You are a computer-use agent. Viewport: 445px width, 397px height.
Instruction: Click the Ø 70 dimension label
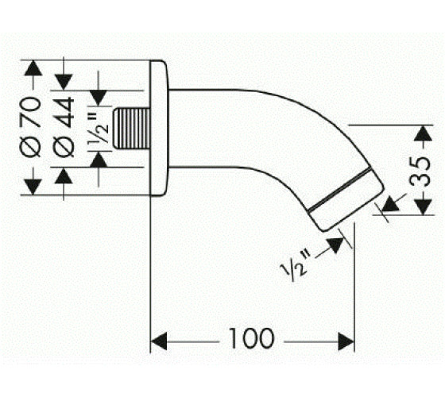[30, 127]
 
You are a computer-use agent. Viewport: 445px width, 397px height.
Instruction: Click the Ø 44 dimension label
[64, 127]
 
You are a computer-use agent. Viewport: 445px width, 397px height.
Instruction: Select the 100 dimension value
[252, 338]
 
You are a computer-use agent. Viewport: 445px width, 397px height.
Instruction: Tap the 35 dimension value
[420, 171]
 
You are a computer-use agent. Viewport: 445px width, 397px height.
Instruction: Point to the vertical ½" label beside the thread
[99, 126]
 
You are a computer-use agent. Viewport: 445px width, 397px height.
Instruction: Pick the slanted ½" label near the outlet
[295, 265]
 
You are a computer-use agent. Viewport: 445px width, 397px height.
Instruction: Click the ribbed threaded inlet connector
[131, 128]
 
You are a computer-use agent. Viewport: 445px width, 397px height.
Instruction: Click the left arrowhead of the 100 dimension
[158, 341]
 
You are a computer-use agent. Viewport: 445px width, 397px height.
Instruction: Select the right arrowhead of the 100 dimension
[346, 341]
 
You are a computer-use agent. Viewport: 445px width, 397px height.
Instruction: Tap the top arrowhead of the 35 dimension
[423, 133]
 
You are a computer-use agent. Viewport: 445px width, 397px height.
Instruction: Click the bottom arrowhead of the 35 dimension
[423, 206]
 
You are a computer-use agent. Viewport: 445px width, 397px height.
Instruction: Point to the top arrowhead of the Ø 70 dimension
[33, 68]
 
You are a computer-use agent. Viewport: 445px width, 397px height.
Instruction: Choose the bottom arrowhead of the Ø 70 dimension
[33, 187]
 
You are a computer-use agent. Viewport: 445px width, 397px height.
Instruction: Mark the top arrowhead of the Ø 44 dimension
[64, 83]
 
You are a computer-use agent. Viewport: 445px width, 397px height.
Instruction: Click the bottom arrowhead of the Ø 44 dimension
[64, 175]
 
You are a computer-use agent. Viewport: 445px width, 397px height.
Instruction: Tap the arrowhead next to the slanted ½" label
[335, 245]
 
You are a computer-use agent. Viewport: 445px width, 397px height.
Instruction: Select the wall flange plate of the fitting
[159, 128]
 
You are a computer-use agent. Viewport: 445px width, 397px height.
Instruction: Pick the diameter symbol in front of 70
[30, 148]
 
